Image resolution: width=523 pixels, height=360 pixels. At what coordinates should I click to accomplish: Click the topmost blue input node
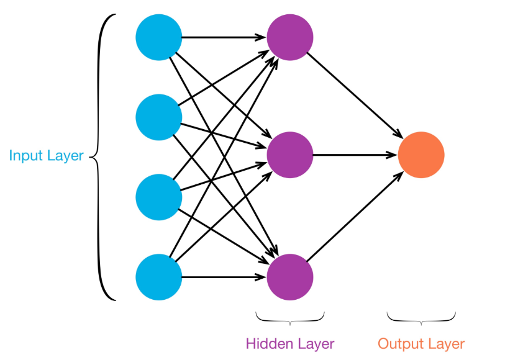[159, 37]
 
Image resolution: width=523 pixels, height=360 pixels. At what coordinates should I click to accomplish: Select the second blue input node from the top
[159, 117]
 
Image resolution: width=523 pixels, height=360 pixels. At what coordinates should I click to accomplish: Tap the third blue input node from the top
[159, 197]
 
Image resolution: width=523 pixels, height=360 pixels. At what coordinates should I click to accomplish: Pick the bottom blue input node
[159, 277]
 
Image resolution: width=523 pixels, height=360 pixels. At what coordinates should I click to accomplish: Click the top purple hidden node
[290, 37]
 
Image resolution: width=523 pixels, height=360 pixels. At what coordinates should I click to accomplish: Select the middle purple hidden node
[290, 155]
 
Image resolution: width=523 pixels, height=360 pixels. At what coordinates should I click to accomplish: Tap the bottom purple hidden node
[290, 277]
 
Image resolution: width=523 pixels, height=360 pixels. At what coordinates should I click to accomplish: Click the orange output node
[421, 155]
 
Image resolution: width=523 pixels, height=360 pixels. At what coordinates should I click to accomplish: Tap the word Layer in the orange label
[445, 343]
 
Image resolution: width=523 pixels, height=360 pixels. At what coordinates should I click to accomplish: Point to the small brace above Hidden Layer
[290, 318]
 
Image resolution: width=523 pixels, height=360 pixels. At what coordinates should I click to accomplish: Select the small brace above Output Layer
[421, 318]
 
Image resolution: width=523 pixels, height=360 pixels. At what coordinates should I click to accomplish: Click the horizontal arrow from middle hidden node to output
[354, 155]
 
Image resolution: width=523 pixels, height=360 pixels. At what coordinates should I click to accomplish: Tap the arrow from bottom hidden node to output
[355, 215]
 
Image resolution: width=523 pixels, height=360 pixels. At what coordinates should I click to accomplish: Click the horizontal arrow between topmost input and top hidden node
[224, 37]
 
